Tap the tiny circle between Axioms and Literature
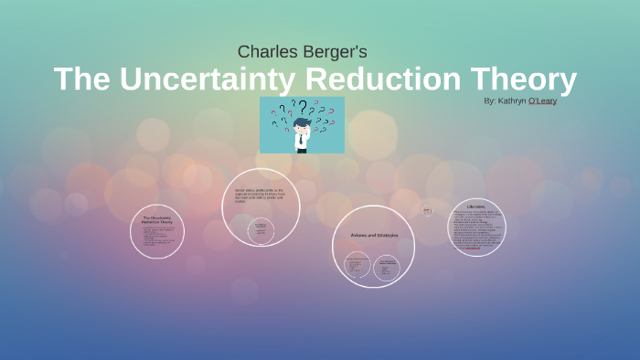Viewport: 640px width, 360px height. (x=427, y=211)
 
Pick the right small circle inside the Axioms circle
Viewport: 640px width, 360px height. (x=386, y=267)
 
